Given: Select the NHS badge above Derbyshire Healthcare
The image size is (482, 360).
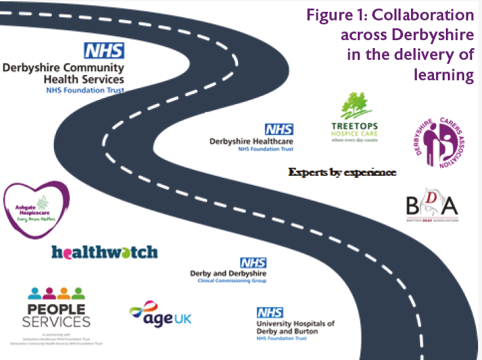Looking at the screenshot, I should (279, 129).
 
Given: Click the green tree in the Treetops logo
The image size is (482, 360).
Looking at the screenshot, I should (353, 106).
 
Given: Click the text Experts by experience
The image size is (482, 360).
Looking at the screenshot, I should (343, 172).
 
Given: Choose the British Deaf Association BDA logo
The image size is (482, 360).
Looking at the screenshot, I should (431, 205).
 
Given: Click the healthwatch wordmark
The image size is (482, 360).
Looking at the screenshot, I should (105, 252).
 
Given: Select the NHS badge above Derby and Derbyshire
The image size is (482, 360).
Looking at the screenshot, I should (253, 263).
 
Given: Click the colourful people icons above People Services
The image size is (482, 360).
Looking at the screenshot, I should (55, 294).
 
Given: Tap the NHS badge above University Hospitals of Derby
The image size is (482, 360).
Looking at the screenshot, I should (269, 313).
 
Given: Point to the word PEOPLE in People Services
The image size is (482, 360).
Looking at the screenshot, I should (56, 309).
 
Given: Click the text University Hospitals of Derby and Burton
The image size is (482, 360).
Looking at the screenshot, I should (295, 327).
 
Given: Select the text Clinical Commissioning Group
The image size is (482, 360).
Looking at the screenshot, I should (237, 280).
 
